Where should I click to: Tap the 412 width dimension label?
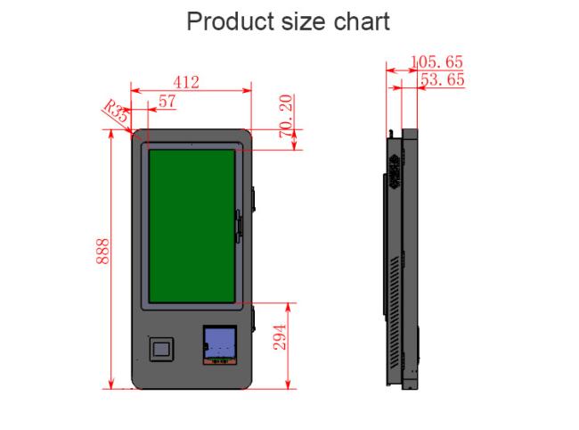click(x=186, y=82)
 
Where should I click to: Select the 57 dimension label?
click(x=167, y=102)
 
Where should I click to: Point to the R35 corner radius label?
click(x=116, y=111)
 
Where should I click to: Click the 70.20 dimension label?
click(x=286, y=116)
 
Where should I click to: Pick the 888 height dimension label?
click(x=102, y=252)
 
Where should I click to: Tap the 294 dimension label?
click(x=280, y=337)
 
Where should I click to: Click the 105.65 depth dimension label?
click(x=436, y=62)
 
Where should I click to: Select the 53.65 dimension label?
click(x=443, y=79)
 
